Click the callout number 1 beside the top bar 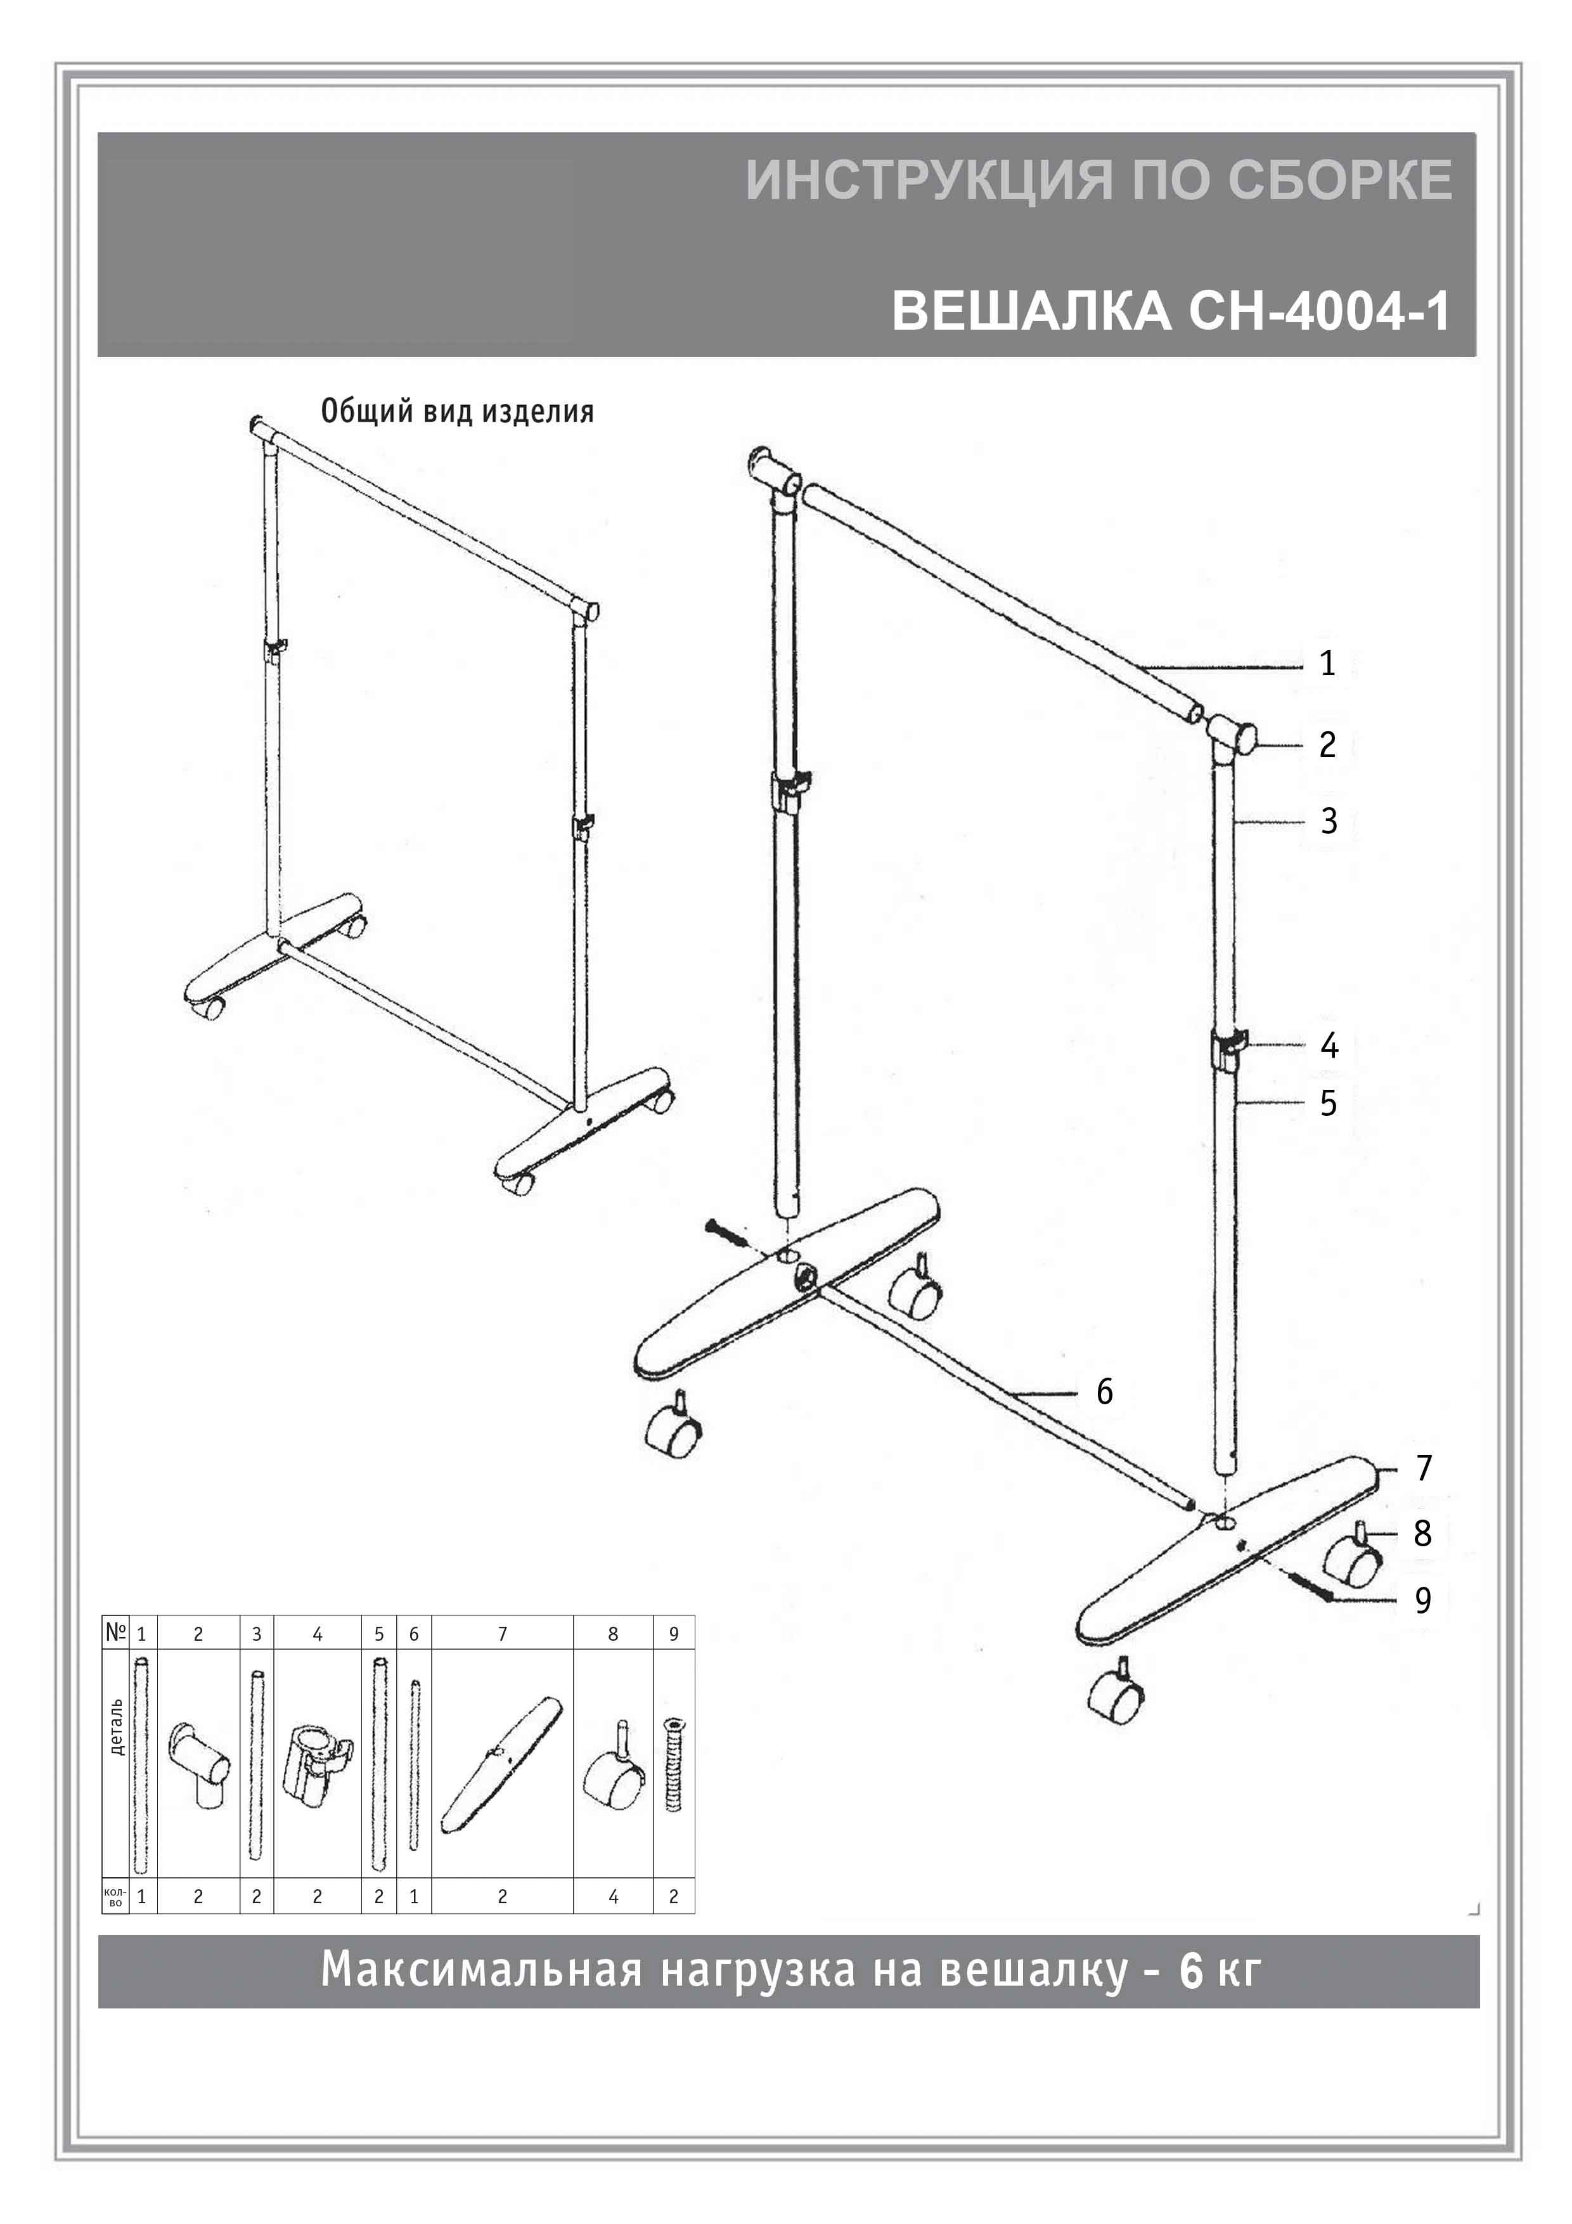[x=1327, y=664]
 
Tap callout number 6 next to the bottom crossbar [x=1104, y=1392]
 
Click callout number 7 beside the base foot [x=1423, y=1468]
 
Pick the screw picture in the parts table [x=673, y=1764]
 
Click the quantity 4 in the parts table [x=613, y=1897]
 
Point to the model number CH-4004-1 [x=1319, y=311]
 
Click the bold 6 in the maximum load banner [x=1190, y=1971]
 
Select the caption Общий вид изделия [x=457, y=411]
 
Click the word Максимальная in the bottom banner [x=481, y=1971]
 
